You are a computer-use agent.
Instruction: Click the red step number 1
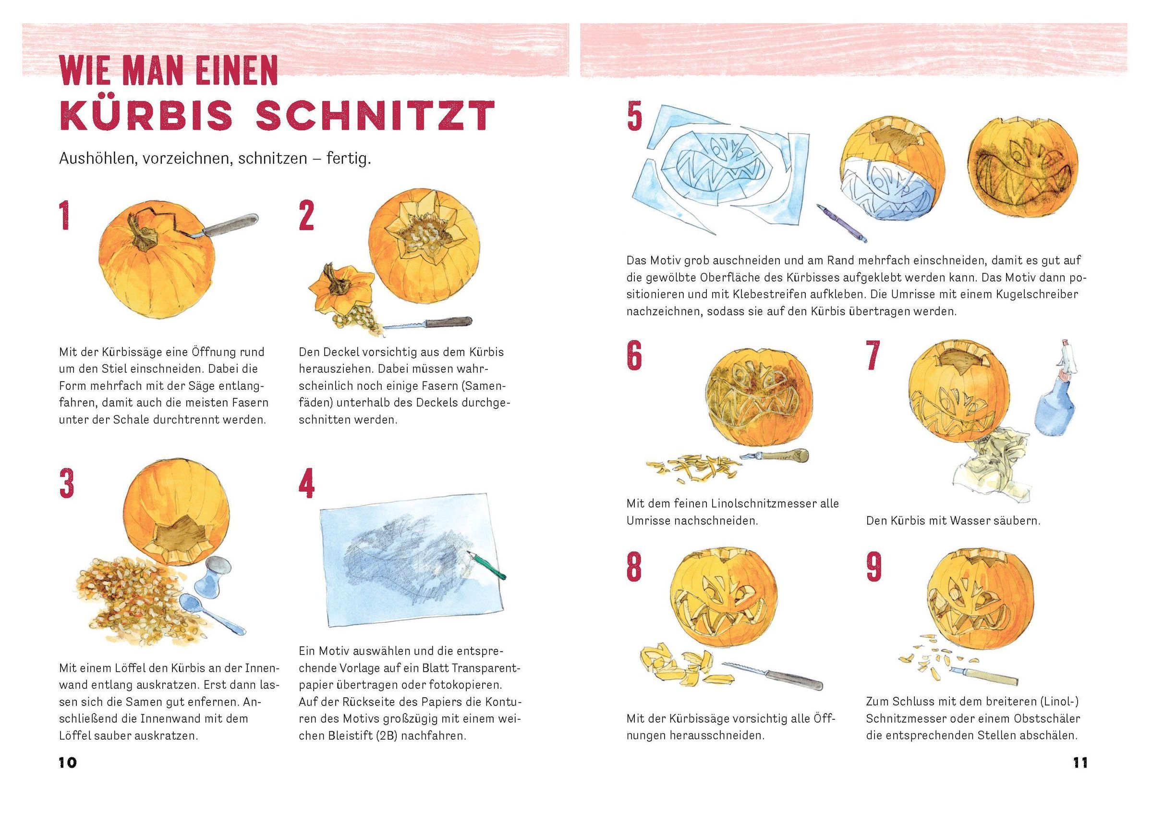65,215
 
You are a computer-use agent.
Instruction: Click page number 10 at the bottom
68,777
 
